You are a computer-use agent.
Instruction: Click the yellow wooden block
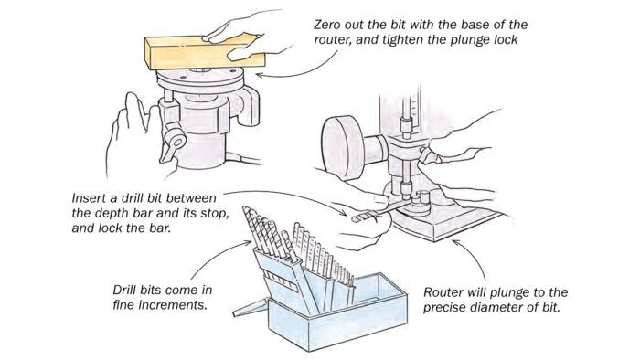coord(204,52)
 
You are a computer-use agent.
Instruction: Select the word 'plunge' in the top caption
coord(470,40)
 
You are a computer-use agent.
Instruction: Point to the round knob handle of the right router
coord(343,147)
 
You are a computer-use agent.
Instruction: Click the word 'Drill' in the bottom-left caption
coord(126,290)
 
